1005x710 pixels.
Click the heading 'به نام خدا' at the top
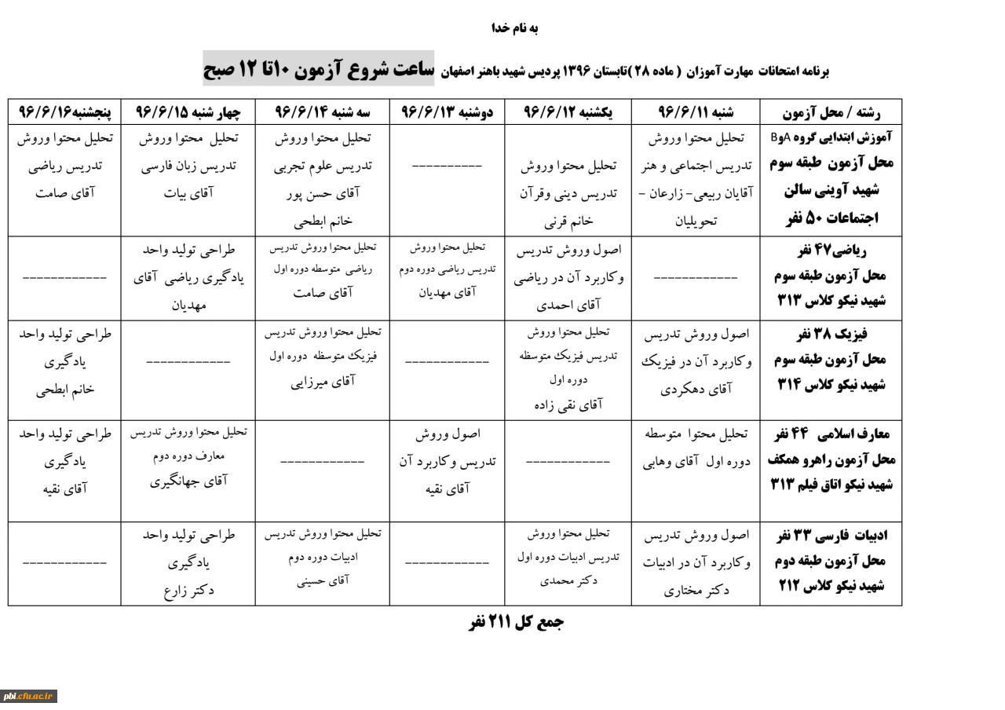[x=515, y=29]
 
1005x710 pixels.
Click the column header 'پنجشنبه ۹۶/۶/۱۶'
[x=64, y=112]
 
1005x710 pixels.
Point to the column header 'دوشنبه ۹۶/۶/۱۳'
[x=447, y=112]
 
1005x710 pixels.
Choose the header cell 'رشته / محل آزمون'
[x=831, y=112]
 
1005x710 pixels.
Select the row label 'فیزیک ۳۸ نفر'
[x=831, y=335]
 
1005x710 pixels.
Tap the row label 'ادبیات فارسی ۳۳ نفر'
[x=830, y=536]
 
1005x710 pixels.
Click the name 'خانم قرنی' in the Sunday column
[x=570, y=222]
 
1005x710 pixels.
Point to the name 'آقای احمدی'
[x=570, y=306]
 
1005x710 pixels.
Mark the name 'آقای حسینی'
[x=322, y=583]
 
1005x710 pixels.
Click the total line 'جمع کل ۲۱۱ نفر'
[x=516, y=623]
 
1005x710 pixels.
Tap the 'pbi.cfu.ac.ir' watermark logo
[x=28, y=696]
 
